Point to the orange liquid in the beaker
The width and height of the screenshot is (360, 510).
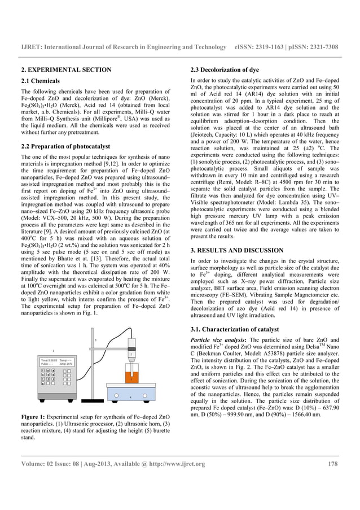click(131, 377)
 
